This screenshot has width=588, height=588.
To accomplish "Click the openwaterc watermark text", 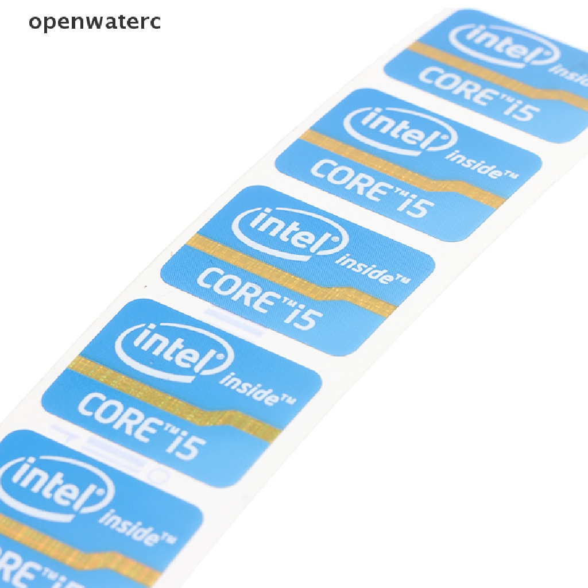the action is click(x=95, y=23).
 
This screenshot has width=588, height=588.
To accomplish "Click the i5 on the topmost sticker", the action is click(x=519, y=109).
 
